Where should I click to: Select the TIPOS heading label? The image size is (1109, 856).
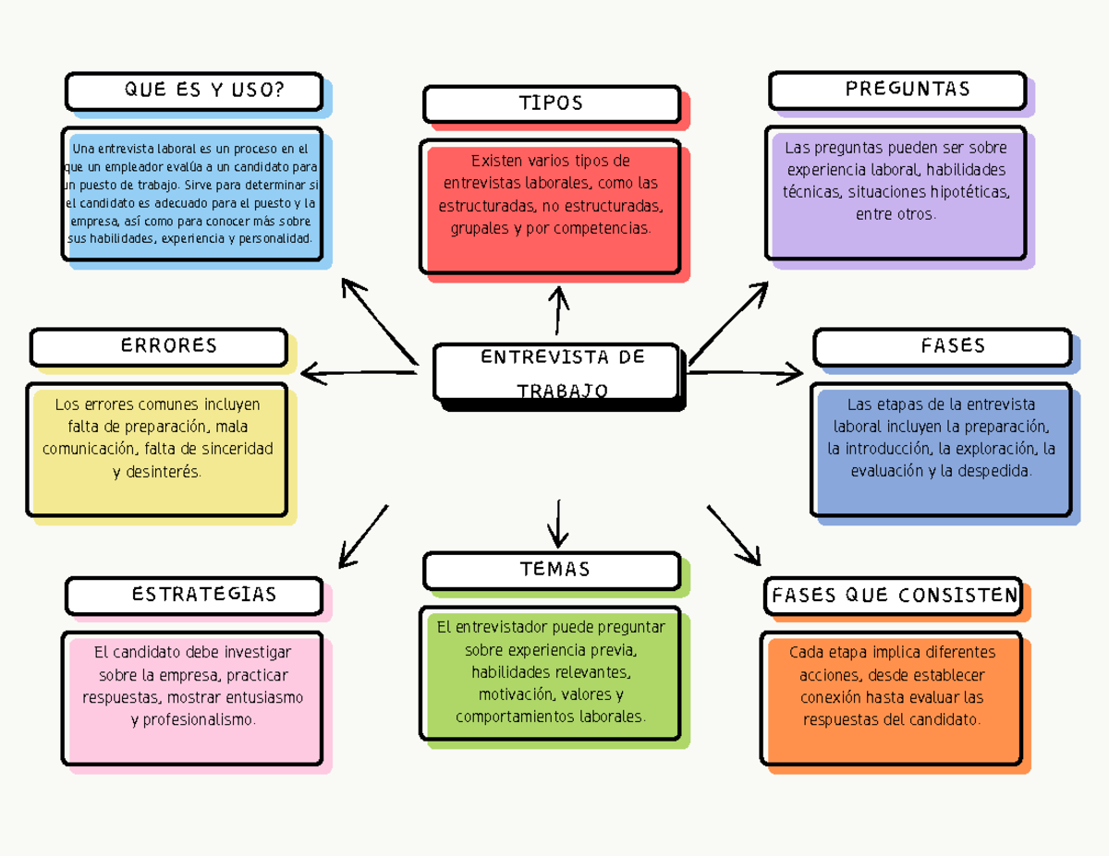tap(552, 103)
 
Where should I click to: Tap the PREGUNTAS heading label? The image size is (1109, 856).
tap(897, 90)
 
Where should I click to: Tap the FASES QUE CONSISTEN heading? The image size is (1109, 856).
tap(894, 597)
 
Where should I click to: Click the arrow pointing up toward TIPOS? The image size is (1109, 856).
tap(558, 310)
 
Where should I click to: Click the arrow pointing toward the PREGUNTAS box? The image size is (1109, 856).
tap(730, 322)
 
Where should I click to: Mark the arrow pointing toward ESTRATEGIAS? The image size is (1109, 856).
tap(362, 537)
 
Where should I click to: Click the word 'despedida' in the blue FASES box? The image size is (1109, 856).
tap(996, 471)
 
